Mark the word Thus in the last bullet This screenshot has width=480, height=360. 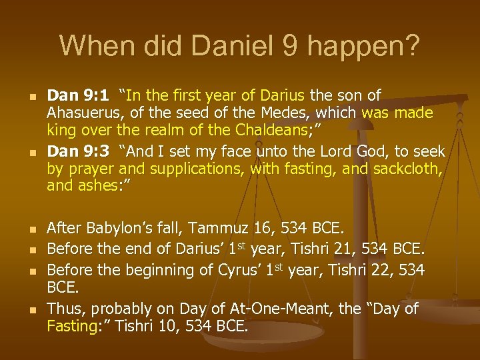point(65,309)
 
